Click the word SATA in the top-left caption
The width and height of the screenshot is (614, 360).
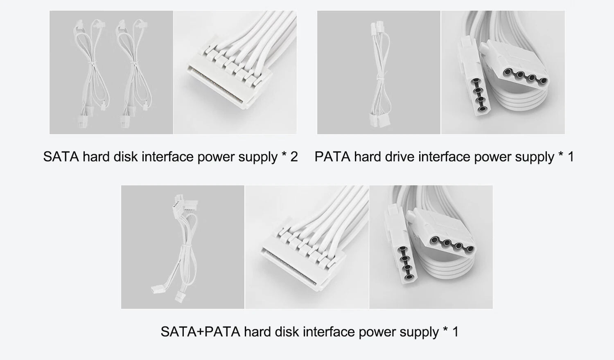coord(61,157)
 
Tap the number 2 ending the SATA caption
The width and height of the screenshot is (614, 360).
coord(294,157)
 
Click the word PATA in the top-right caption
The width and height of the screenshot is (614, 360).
coord(332,157)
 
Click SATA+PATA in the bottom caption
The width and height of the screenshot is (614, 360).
coord(201,331)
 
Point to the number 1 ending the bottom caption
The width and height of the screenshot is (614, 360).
coord(455,331)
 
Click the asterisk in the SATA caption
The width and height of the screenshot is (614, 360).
coord(284,154)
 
